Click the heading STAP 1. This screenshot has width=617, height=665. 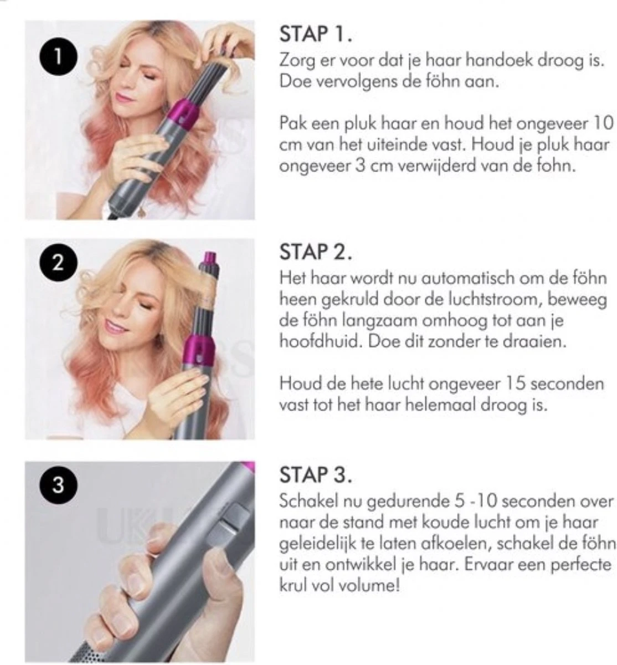[x=316, y=34]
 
